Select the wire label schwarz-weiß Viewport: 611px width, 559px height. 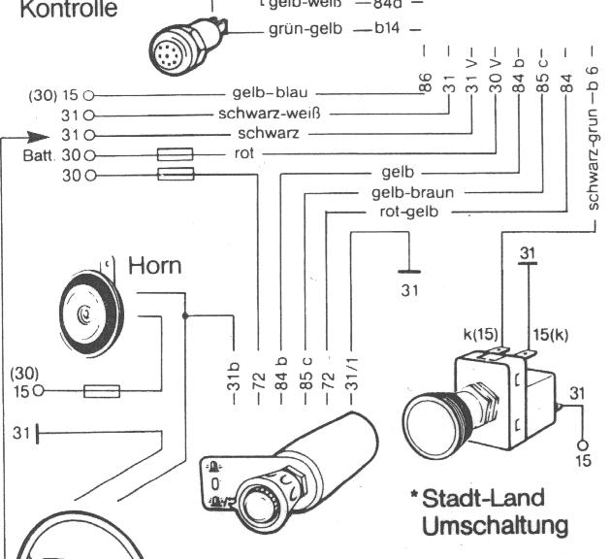tap(263, 114)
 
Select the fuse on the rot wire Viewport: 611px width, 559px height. tap(175, 154)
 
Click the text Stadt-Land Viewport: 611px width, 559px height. tap(482, 498)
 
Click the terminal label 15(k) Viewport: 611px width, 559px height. tap(548, 335)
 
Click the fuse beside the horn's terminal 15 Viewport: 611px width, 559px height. tap(101, 391)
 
